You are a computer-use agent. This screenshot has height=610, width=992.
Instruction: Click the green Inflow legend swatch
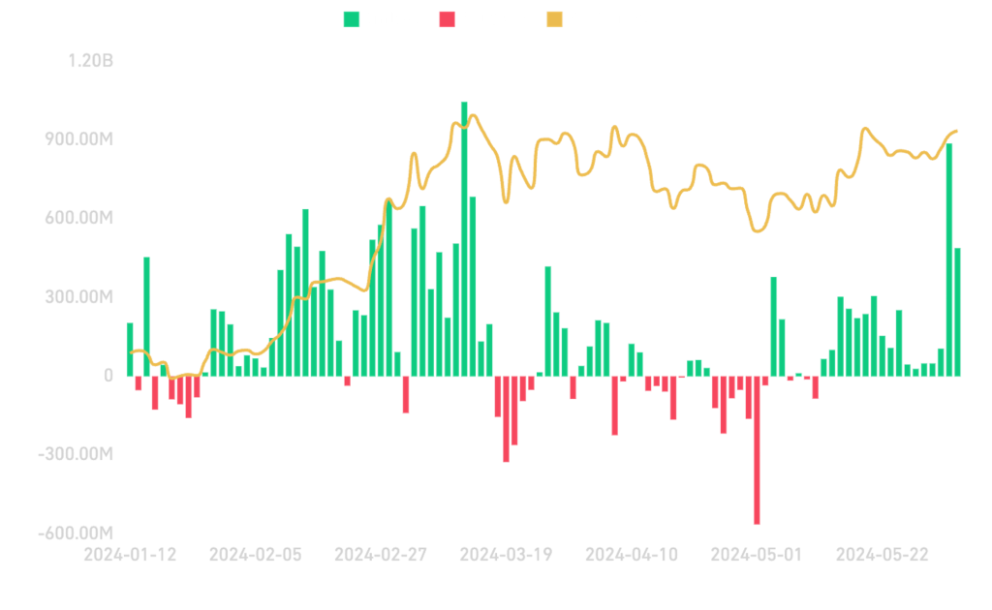pos(352,18)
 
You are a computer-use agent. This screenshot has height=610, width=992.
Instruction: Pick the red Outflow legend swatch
pos(447,18)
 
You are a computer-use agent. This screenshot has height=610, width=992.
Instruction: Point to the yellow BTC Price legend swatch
pos(554,18)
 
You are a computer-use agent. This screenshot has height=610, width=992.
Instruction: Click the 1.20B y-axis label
pos(91,61)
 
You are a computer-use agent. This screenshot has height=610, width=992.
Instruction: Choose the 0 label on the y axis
pos(108,376)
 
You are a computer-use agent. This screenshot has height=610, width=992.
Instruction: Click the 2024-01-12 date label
pos(130,555)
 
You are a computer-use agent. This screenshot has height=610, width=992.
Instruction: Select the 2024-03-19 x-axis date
pos(506,555)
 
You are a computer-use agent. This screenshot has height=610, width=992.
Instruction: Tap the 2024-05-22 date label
pos(882,555)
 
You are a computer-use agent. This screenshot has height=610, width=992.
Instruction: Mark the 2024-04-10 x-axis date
pos(631,555)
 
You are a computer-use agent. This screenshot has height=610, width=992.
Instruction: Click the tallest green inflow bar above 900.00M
pos(464,237)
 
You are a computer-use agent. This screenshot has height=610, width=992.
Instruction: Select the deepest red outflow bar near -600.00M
pos(757,450)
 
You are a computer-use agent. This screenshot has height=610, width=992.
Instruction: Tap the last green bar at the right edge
pos(957,310)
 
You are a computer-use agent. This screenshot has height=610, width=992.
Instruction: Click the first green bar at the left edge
pos(130,349)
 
